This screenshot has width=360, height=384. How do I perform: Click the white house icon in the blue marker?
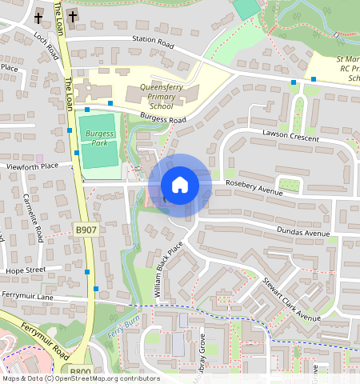click(x=180, y=185)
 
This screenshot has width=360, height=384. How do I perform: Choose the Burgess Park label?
click(x=98, y=137)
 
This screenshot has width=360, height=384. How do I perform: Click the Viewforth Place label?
click(x=33, y=166)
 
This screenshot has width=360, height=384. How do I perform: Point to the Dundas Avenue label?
click(x=303, y=234)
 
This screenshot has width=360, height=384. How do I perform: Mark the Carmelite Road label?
click(x=33, y=218)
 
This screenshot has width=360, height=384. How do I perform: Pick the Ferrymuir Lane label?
click(x=27, y=297)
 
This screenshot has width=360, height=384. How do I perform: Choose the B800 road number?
click(x=80, y=372)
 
